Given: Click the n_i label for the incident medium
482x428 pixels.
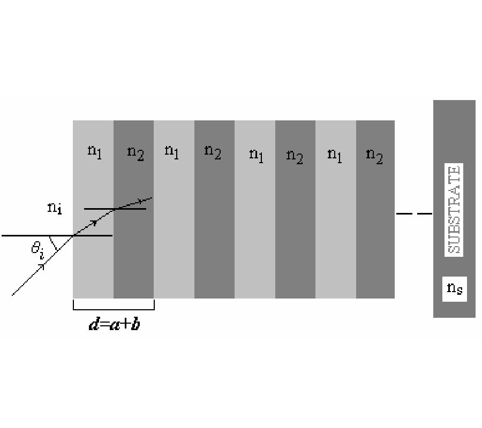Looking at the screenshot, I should click(x=55, y=209).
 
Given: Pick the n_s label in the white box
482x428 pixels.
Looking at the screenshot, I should click(x=455, y=289).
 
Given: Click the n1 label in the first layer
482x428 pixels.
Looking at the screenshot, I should click(x=94, y=152).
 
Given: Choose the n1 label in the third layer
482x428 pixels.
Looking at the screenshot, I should click(x=171, y=152).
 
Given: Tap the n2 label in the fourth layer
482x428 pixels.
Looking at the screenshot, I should click(x=213, y=152).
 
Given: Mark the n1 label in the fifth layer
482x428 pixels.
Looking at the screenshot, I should click(x=257, y=156).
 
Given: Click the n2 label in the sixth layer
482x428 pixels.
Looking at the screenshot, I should click(x=295, y=156).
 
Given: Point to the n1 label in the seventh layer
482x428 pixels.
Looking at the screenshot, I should click(x=334, y=156).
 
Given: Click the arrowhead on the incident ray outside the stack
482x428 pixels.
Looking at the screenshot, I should click(x=41, y=266).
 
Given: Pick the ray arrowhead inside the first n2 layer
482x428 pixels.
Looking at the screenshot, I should click(x=141, y=201).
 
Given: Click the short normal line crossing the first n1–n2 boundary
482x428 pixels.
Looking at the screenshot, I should click(x=115, y=209).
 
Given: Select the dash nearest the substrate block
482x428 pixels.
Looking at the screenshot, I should click(x=424, y=213).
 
